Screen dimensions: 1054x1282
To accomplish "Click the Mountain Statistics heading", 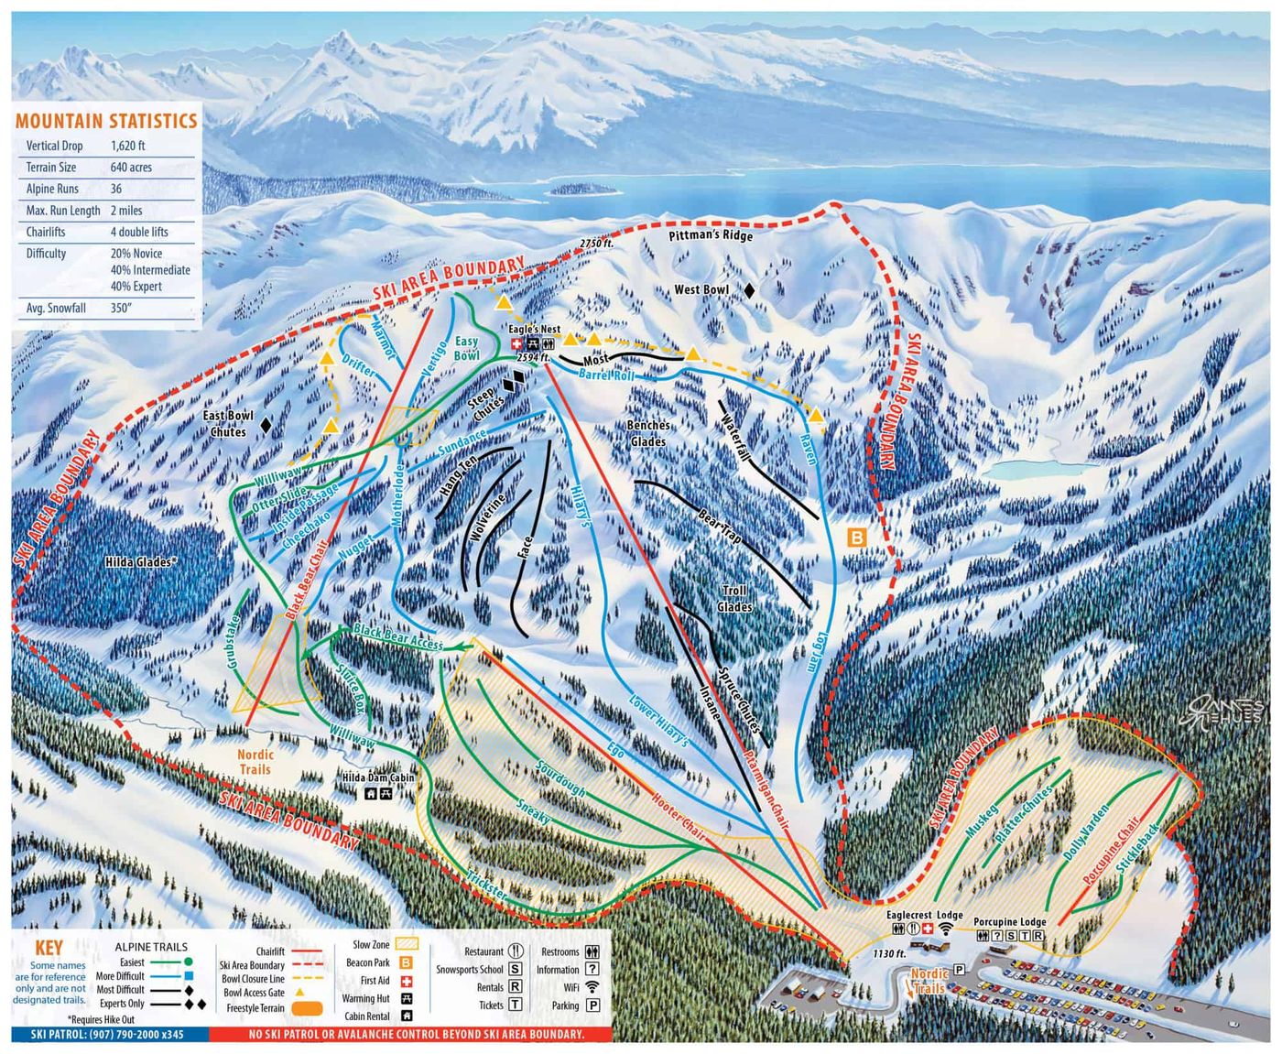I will tap(106, 121).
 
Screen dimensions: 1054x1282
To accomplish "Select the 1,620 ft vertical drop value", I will tap(128, 146).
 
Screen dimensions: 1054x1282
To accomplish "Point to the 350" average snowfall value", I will tap(121, 308).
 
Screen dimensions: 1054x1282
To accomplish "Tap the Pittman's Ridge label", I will tap(711, 235).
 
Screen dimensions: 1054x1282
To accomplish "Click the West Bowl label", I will tap(701, 290).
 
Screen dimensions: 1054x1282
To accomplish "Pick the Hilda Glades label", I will tap(140, 561).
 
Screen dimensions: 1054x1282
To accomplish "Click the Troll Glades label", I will tap(734, 599).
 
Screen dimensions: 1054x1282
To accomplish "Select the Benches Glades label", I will tap(648, 433).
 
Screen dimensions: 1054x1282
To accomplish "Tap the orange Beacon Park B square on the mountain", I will tap(856, 538).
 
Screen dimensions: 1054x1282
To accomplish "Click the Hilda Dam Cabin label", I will tap(378, 777).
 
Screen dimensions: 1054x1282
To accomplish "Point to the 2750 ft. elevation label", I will tap(595, 243).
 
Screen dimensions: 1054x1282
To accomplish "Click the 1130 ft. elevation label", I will tap(889, 954).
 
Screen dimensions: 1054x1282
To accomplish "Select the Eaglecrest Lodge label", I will tap(924, 915).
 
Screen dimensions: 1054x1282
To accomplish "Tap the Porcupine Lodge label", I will tap(1009, 921).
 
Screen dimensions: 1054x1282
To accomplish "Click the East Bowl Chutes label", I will tap(228, 423).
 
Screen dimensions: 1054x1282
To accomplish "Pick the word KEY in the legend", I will tap(49, 948).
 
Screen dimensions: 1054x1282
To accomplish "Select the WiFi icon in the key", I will tap(592, 987).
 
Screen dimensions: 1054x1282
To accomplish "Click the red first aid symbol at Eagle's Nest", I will tap(516, 343).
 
